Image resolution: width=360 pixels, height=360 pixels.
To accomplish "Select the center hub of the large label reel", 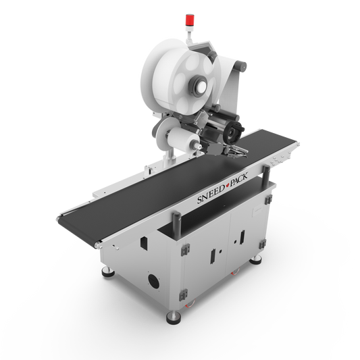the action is tap(199, 86).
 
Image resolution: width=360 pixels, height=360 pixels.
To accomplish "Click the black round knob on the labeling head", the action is tap(232, 132).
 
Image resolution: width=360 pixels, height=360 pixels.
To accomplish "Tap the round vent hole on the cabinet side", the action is tap(153, 280).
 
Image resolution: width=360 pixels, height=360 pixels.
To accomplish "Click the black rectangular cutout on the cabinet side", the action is tap(144, 243).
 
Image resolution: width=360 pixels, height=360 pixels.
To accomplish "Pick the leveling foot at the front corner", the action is tap(174, 317).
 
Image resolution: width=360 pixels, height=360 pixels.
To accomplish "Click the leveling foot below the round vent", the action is tap(108, 272).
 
